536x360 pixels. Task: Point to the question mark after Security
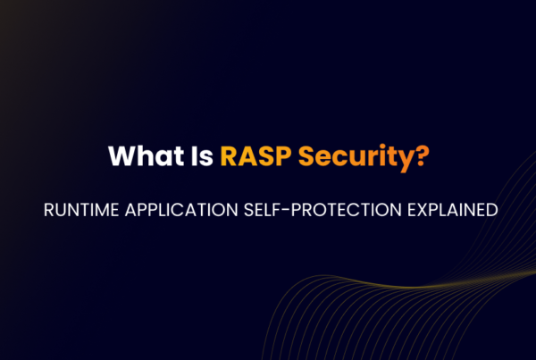[420, 155]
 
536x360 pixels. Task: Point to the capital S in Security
[308, 155]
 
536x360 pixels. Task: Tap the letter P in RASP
[283, 155]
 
